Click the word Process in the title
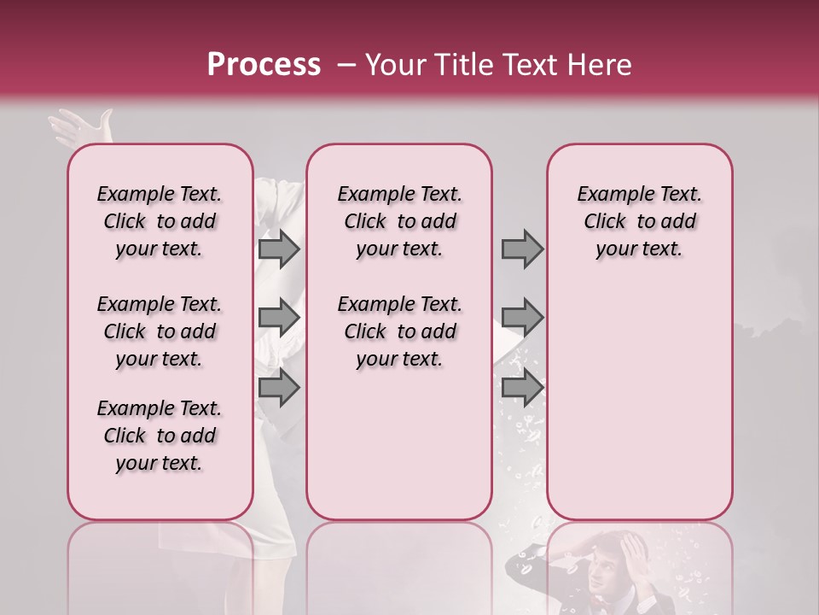click(263, 65)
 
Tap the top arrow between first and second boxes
click(279, 249)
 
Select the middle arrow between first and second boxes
click(279, 318)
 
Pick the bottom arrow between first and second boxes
click(279, 388)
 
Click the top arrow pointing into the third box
click(522, 249)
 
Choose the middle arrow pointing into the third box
click(522, 318)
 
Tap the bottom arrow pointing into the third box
click(522, 388)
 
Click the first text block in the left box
click(160, 221)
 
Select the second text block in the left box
click(160, 331)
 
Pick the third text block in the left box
click(160, 436)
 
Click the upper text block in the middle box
click(399, 221)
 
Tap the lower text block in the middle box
click(399, 331)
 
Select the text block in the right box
click(639, 221)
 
